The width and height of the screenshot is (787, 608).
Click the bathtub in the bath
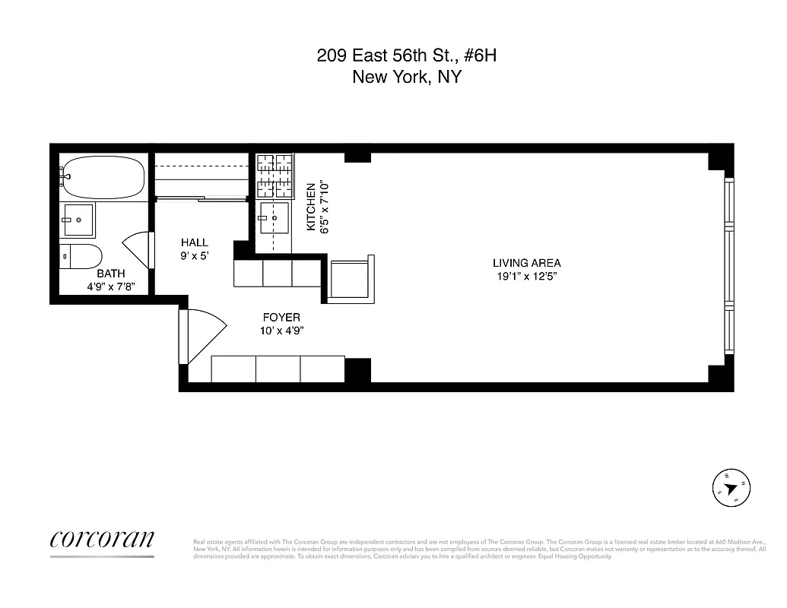[x=103, y=177]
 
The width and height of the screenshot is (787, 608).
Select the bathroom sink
[x=78, y=220]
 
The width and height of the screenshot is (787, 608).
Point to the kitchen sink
[x=274, y=219]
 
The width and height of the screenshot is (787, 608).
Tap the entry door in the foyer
[x=204, y=335]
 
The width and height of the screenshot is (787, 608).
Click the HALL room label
[x=194, y=242]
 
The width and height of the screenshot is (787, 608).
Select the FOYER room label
[x=281, y=317]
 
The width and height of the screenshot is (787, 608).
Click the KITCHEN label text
[x=310, y=207]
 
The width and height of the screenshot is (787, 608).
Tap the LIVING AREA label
[x=526, y=263]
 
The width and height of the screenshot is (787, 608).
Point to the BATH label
[x=111, y=274]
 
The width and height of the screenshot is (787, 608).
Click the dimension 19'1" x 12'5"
[x=526, y=277]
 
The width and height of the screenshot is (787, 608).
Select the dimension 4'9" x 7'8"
[x=111, y=287]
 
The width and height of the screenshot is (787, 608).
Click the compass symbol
[x=731, y=488]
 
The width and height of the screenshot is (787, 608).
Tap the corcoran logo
[x=102, y=539]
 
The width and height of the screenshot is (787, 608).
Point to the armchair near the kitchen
[x=351, y=278]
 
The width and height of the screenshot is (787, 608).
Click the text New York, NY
[x=407, y=77]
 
